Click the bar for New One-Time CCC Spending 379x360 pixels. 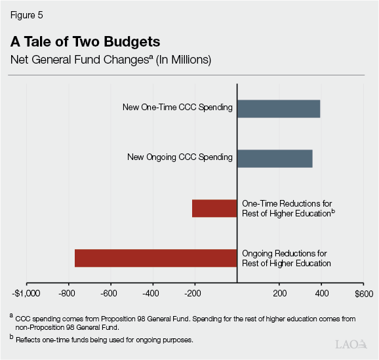(x=278, y=109)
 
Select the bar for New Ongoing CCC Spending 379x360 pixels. (x=274, y=158)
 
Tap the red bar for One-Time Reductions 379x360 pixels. (x=214, y=208)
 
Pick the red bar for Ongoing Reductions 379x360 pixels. (x=155, y=258)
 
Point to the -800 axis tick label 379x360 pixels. (x=67, y=293)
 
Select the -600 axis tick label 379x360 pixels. (x=110, y=293)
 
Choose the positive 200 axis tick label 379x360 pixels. (x=279, y=293)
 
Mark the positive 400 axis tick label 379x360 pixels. (x=321, y=293)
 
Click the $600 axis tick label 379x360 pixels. (x=363, y=293)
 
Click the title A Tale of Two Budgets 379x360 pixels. (x=85, y=42)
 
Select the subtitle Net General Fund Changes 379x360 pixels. (x=110, y=60)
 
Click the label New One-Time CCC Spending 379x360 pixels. (x=177, y=108)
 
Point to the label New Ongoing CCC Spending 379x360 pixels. (x=180, y=157)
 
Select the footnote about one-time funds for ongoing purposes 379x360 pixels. (x=112, y=339)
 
